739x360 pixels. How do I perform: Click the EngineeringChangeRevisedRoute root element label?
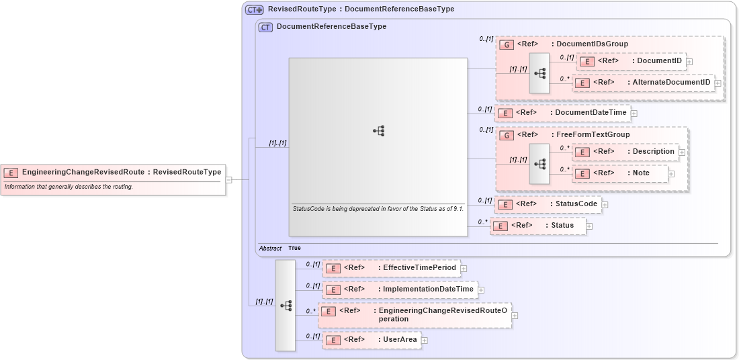pos(121,172)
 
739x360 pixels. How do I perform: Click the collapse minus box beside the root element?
pos(229,180)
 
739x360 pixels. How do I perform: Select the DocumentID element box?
pos(632,62)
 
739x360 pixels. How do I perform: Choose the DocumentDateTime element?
pos(562,113)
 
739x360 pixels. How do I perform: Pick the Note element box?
pos(620,173)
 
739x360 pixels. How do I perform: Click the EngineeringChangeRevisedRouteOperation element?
pos(415,315)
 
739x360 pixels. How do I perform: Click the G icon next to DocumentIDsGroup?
pos(508,44)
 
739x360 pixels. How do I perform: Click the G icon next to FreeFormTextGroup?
pos(508,135)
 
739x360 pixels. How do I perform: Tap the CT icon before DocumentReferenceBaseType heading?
pos(265,27)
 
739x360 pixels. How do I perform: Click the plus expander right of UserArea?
pos(425,341)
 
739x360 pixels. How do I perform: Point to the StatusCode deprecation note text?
pos(378,209)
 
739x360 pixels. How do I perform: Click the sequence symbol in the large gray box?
pos(378,132)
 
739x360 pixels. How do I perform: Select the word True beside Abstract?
pos(294,248)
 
